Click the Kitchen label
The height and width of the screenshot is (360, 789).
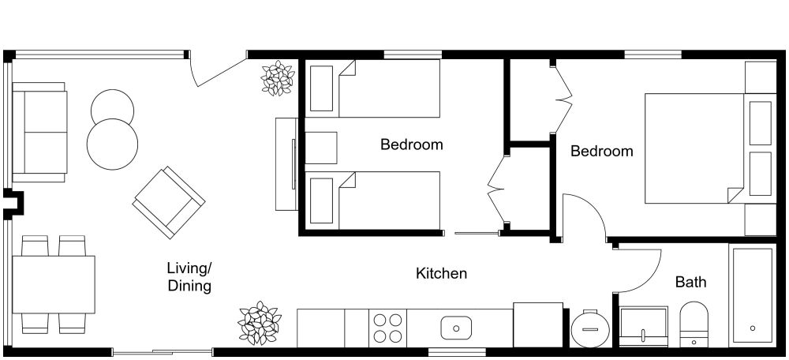point(441,274)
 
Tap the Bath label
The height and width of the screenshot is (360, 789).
point(690,282)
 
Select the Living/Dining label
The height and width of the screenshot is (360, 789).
point(189,277)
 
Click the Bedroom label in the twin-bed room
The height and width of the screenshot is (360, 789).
point(411,144)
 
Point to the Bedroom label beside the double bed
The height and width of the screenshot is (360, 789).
point(601,151)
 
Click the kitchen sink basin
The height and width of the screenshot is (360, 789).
point(456,326)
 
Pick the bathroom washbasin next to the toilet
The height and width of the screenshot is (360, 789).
point(644,326)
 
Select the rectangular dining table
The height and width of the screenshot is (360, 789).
point(54,283)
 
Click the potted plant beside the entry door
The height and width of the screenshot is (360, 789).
point(277,79)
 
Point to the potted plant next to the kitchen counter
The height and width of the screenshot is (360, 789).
point(260,322)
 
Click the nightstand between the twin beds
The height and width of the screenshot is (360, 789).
point(321,148)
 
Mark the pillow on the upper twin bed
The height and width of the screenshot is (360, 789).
point(321,88)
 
